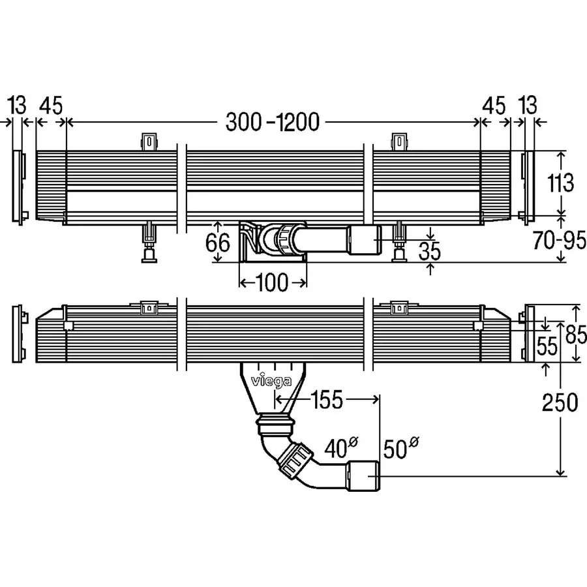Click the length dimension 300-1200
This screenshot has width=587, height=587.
[x=272, y=122]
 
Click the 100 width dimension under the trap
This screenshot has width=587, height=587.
[x=272, y=282]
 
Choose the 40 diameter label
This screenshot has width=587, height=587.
[x=338, y=449]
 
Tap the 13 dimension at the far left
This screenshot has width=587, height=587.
[x=18, y=105]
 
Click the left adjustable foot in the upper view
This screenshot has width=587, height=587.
[x=151, y=245]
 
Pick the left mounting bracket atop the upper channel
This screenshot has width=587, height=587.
[x=150, y=142]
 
